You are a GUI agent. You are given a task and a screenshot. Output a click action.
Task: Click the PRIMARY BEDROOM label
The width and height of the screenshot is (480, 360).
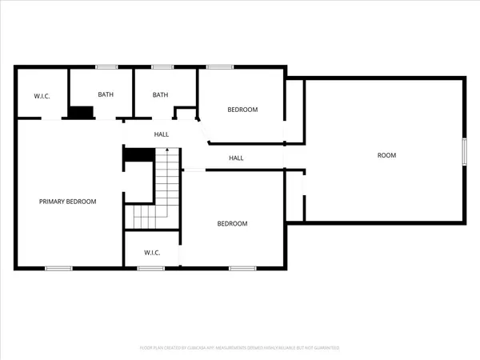tap(68, 202)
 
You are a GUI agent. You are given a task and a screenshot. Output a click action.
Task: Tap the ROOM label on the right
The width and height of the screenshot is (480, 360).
tap(386, 155)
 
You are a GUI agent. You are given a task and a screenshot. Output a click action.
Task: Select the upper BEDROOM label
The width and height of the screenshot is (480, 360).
tap(242, 110)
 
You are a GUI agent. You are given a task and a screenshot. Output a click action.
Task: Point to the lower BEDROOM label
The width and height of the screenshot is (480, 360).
tap(233, 224)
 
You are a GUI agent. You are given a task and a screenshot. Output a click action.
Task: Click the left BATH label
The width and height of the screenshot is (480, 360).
tap(106, 94)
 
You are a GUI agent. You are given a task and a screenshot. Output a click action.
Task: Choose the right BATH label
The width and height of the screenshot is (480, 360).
tap(161, 94)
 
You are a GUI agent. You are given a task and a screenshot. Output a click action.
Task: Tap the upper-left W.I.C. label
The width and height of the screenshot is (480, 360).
tap(42, 97)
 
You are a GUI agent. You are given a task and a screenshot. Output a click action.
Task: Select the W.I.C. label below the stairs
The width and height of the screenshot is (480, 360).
tap(152, 253)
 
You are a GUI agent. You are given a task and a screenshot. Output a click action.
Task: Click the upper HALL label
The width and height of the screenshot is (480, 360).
tap(162, 134)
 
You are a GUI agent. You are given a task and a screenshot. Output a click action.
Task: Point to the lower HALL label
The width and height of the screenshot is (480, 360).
tap(236, 158)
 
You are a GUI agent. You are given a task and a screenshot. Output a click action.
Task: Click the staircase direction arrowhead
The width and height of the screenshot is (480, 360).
tap(166, 150)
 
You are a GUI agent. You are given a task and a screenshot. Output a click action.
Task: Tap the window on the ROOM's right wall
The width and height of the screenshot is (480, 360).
tap(464, 152)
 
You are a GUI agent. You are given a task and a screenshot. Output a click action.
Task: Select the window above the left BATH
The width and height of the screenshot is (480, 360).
tap(106, 67)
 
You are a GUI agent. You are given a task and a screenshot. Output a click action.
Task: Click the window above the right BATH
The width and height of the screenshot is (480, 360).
tap(162, 67)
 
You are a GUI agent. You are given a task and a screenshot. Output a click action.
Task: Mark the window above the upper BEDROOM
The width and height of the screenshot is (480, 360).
tap(220, 67)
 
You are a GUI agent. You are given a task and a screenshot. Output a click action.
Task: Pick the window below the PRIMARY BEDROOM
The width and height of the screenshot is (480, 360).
tap(58, 268)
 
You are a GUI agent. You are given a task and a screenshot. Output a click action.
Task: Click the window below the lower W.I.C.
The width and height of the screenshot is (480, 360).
tap(150, 268)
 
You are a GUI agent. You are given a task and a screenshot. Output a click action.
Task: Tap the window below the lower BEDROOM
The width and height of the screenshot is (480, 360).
tap(242, 268)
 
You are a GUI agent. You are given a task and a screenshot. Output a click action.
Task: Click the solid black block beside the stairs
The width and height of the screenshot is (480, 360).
tap(138, 155)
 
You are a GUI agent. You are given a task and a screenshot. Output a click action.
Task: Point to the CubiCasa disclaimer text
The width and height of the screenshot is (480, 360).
tap(240, 348)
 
